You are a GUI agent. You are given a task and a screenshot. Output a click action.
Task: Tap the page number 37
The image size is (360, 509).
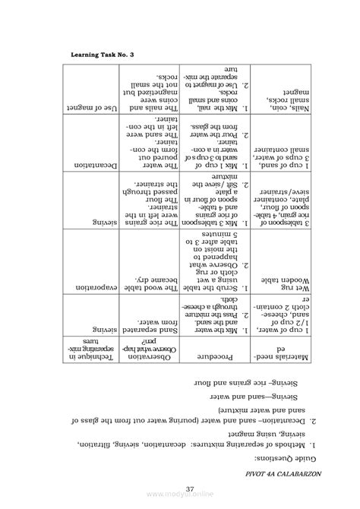(180, 489)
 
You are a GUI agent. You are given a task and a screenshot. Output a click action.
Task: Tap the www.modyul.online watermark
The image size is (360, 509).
(180, 501)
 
